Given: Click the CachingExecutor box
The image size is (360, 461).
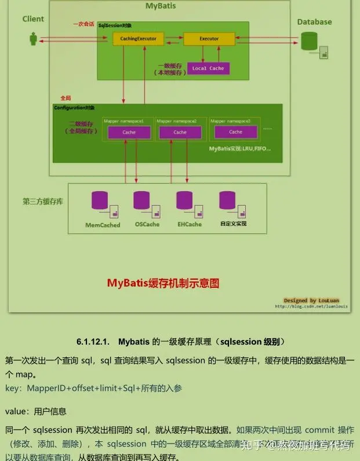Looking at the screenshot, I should (x=139, y=39).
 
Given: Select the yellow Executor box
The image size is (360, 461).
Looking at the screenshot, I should (x=209, y=39).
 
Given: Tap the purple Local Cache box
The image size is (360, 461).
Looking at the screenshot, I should (x=208, y=68).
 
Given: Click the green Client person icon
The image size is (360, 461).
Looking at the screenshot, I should (x=33, y=39).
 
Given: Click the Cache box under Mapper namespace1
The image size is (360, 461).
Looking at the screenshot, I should (x=129, y=132).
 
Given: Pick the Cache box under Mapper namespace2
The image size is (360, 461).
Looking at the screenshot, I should (x=180, y=132).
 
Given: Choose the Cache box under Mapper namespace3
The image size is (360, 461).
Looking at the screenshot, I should (x=235, y=132).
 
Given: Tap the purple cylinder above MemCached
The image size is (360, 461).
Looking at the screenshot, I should (x=100, y=200).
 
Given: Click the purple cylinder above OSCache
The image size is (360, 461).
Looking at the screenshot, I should (x=141, y=200).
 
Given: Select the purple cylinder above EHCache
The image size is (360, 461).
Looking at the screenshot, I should (x=184, y=200).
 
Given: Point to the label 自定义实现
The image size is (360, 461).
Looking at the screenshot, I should (x=233, y=223).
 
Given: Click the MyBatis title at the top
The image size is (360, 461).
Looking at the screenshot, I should (x=161, y=6).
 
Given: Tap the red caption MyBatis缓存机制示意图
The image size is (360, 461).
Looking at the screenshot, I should (x=163, y=283).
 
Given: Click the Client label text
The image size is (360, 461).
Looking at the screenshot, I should (x=33, y=19).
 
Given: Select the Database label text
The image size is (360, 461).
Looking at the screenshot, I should (x=314, y=22).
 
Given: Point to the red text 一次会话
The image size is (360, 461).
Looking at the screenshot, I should (x=83, y=24).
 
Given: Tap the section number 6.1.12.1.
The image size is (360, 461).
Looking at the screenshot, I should (x=93, y=342).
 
